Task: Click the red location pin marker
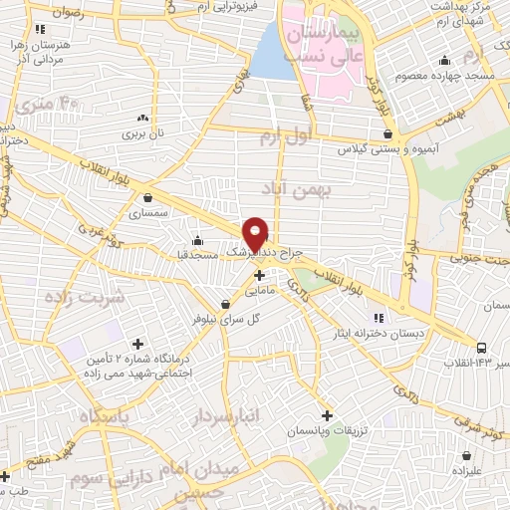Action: tap(256, 232)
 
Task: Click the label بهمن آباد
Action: tap(288, 188)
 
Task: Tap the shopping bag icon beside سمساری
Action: tap(148, 197)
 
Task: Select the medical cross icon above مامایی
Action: tap(259, 275)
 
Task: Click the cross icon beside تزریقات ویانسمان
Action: tap(328, 414)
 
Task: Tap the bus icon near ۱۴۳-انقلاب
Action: tap(482, 348)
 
